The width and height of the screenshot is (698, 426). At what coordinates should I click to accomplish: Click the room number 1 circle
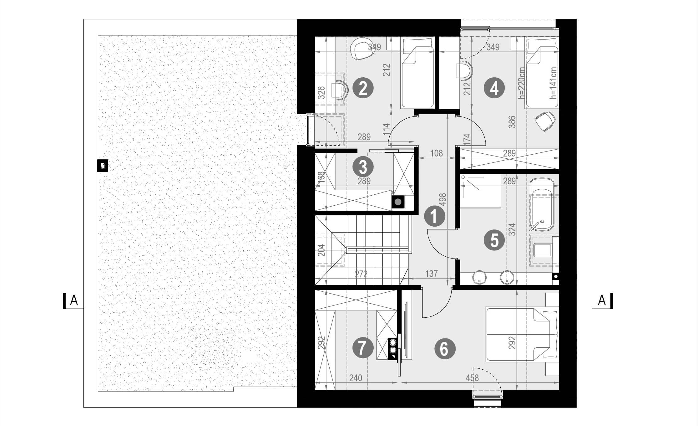[434, 216]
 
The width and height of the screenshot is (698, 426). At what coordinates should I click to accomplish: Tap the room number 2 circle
[363, 88]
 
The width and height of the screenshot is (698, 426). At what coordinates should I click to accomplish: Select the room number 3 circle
[363, 167]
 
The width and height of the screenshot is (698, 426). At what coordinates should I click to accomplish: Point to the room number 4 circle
[494, 88]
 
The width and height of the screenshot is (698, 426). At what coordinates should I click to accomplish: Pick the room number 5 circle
[494, 240]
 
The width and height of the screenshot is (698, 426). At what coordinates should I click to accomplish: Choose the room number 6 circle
[445, 348]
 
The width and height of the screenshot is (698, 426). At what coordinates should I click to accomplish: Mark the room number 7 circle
[363, 348]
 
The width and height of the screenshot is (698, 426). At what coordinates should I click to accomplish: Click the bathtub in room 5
[542, 205]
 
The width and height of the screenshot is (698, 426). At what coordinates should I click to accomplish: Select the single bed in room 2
[417, 73]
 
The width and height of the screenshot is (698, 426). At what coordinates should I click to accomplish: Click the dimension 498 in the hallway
[443, 200]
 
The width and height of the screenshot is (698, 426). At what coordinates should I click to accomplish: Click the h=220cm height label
[521, 83]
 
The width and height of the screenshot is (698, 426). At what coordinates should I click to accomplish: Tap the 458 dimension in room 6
[472, 378]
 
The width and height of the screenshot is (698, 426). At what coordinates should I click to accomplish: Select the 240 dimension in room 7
[356, 378]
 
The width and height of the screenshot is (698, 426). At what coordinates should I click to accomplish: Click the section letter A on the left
[74, 300]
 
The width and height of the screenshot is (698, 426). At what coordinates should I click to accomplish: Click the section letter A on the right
[602, 300]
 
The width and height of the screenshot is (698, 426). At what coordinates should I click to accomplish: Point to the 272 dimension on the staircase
[361, 274]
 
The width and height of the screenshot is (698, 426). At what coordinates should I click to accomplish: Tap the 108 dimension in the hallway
[437, 153]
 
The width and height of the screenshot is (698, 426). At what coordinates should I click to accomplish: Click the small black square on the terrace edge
[102, 166]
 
